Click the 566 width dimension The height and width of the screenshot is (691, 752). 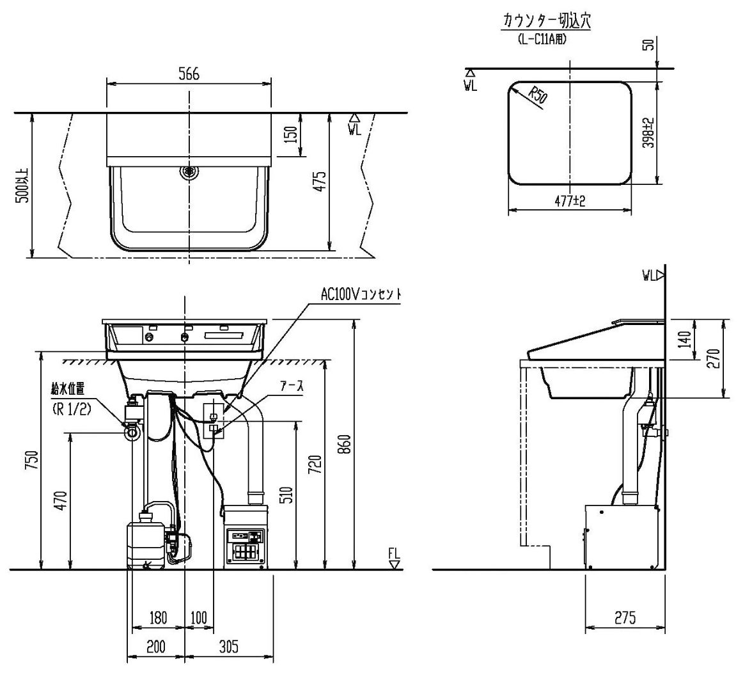pyautogui.click(x=189, y=74)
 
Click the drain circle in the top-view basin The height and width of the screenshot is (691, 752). pyautogui.click(x=189, y=171)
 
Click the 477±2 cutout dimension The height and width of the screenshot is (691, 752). pyautogui.click(x=570, y=201)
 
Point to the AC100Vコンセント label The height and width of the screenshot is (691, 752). pyautogui.click(x=361, y=295)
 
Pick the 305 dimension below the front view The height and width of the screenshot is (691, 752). pyautogui.click(x=228, y=646)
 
